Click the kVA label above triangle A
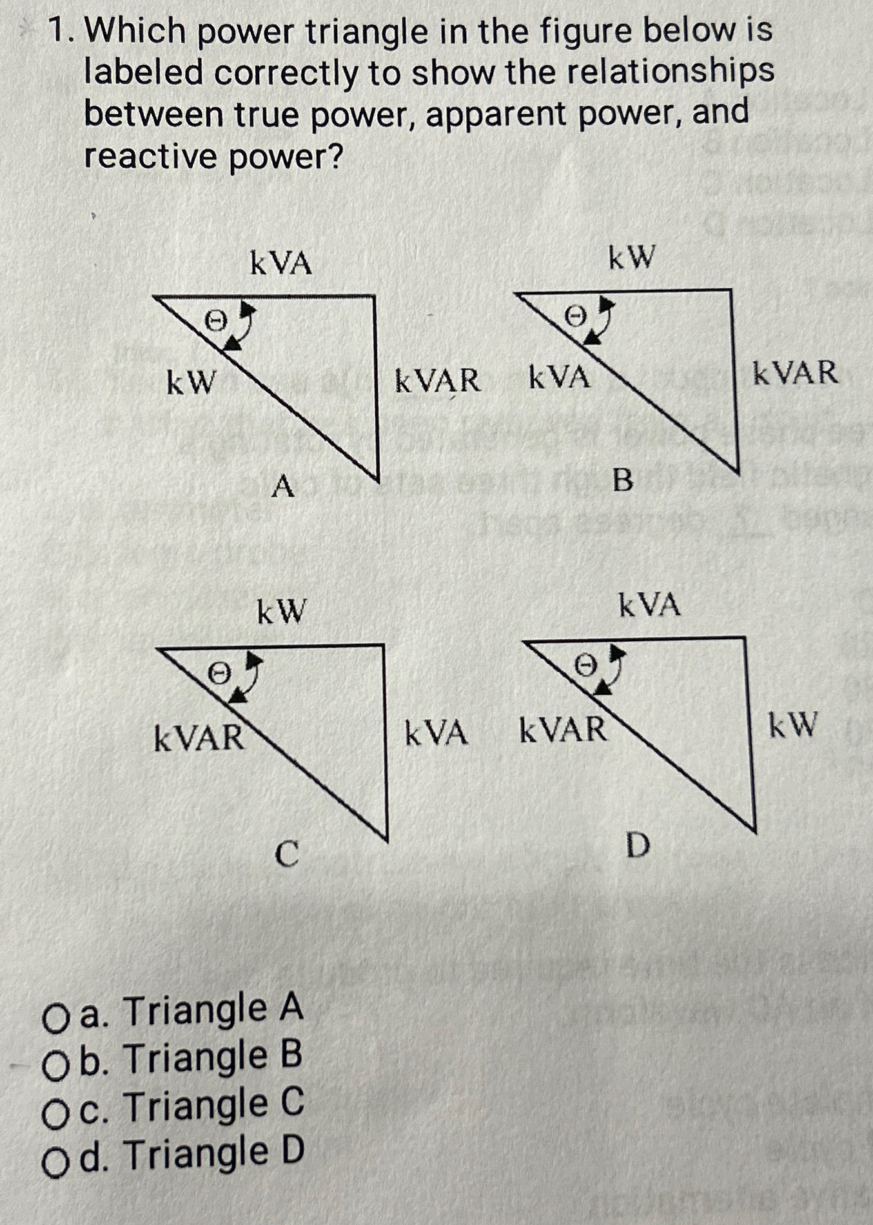coord(280,264)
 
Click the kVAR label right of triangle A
coord(437,381)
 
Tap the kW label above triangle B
coord(631,259)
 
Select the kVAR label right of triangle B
coord(796,373)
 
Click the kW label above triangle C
coord(281,611)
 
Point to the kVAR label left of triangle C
coord(199,737)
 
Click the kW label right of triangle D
coord(793,724)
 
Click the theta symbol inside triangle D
coord(585,664)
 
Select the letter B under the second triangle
coord(622,480)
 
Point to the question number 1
coord(61,30)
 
